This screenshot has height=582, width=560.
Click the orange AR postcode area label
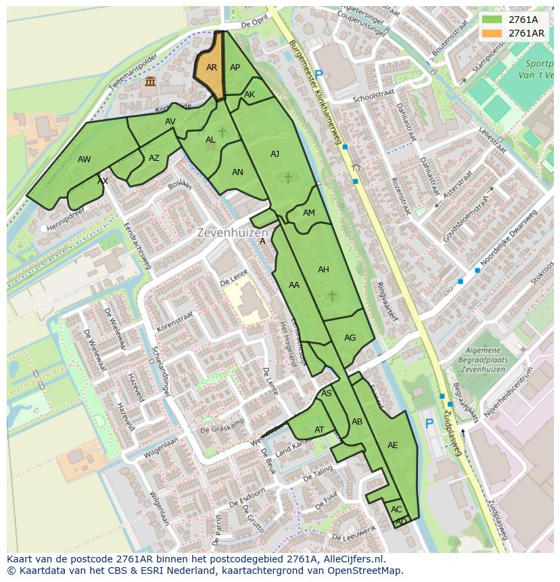(x=212, y=68)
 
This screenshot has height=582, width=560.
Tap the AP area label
(x=235, y=68)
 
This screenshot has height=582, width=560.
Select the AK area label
(x=250, y=95)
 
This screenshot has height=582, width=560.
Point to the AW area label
(x=85, y=160)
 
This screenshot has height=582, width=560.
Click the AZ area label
(x=154, y=158)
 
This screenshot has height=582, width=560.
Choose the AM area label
(x=309, y=213)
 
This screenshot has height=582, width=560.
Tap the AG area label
(x=350, y=338)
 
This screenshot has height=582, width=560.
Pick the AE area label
(x=393, y=445)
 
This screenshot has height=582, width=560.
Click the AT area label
(x=319, y=430)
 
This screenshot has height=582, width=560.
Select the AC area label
(x=396, y=510)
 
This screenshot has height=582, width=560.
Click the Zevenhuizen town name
(x=229, y=233)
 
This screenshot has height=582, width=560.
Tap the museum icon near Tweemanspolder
(x=149, y=82)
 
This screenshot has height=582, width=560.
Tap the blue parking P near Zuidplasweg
(x=429, y=424)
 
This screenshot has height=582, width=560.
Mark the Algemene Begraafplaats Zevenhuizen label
(x=484, y=360)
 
